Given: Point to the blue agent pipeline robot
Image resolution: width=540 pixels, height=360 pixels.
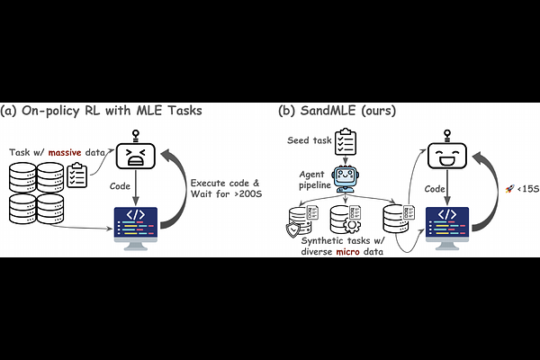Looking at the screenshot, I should pyautogui.click(x=346, y=179).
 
